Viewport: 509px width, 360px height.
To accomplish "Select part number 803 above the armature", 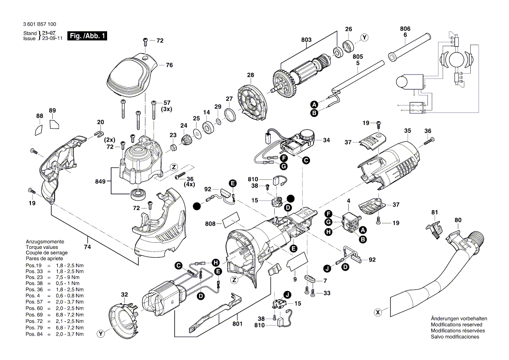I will [306, 40].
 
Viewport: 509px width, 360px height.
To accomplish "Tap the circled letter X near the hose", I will [378, 312].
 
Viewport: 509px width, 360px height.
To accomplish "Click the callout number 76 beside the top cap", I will [169, 65].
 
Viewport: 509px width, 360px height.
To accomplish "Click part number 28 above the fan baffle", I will [250, 75].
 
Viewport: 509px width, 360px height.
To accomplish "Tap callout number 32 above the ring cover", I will [125, 295].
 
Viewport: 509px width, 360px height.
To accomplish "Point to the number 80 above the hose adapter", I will [458, 220].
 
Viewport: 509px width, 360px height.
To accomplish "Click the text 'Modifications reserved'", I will [456, 325].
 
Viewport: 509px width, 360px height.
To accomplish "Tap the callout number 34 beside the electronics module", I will [326, 140].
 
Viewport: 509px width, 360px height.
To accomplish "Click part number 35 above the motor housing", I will [408, 130].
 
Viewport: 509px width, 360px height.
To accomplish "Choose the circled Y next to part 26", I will [364, 37].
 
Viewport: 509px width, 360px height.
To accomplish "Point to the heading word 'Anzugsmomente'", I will [45, 241].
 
